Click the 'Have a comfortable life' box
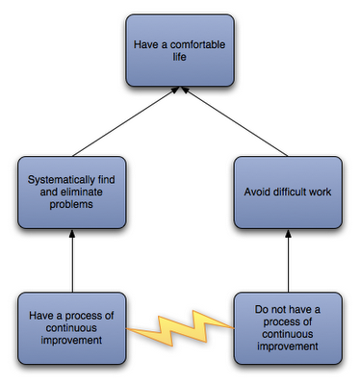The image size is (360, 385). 180,51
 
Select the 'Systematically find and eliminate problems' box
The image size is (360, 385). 71,192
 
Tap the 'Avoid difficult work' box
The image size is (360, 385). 288,192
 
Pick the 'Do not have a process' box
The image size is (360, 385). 288,328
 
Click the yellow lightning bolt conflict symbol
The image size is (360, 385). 180,328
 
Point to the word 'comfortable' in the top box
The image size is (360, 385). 197,44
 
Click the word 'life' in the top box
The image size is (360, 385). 179,57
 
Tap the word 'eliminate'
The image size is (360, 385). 81,192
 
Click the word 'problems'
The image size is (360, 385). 71,205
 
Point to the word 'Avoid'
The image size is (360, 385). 257,192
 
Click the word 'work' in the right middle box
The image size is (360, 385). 321,192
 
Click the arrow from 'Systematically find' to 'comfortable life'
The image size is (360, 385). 125,121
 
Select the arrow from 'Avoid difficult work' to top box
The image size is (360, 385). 235,121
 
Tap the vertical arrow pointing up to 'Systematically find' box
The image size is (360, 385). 72,261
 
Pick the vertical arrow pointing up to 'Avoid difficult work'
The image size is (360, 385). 288,261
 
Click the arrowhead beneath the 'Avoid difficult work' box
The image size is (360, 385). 288,234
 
